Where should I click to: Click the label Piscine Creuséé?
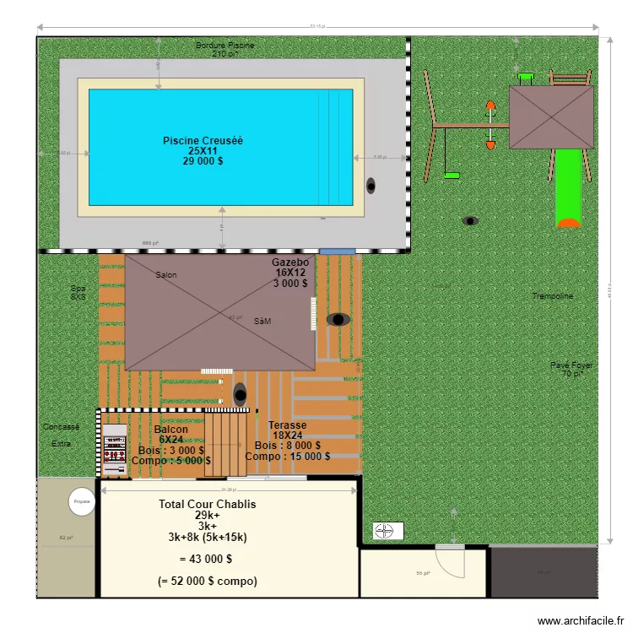(203, 140)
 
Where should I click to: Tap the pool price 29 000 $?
(203, 160)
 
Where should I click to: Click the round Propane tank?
(82, 501)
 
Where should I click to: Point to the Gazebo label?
(290, 262)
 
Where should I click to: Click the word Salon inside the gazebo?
(167, 275)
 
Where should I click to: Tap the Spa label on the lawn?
(78, 288)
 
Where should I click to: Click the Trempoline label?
(552, 296)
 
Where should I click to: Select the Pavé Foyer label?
(571, 365)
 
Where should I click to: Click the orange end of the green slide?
(569, 223)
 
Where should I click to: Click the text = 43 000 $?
(206, 559)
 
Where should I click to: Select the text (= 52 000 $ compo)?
(207, 581)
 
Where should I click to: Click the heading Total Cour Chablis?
(207, 504)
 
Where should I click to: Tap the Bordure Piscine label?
(225, 46)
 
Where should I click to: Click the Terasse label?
(287, 425)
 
